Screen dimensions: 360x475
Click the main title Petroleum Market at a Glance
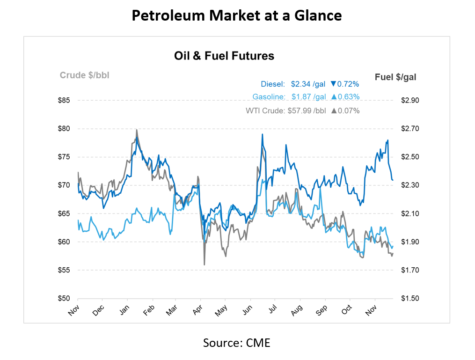pyautogui.click(x=237, y=16)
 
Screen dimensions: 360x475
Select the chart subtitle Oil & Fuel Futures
pyautogui.click(x=224, y=56)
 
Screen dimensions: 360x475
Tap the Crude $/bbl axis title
pyautogui.click(x=84, y=75)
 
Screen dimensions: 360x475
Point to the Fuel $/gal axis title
pyautogui.click(x=395, y=77)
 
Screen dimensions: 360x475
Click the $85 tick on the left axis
pyautogui.click(x=65, y=101)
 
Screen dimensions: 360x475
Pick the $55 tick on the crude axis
pyautogui.click(x=65, y=271)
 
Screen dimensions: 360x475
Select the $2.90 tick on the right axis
pyautogui.click(x=410, y=101)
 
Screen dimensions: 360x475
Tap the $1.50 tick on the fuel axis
pyautogui.click(x=410, y=299)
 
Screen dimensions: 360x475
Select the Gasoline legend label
pyautogui.click(x=269, y=97)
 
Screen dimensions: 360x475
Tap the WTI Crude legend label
pyautogui.click(x=265, y=111)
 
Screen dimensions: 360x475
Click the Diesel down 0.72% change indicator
pyautogui.click(x=344, y=84)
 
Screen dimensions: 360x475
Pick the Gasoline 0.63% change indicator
pyautogui.click(x=345, y=97)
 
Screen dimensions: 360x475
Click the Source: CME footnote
pyautogui.click(x=236, y=343)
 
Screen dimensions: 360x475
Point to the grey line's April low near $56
pyautogui.click(x=204, y=264)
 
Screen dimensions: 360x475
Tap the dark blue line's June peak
pyautogui.click(x=262, y=134)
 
